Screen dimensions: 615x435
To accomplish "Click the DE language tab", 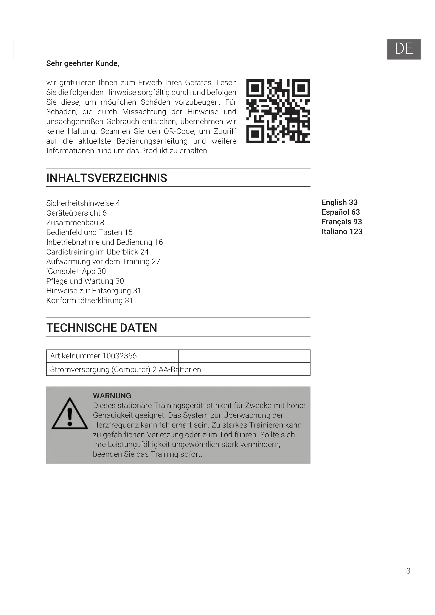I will click(404, 49).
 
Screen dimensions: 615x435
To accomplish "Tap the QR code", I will click(278, 111).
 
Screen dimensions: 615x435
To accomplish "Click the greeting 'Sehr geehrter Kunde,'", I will click(83, 63).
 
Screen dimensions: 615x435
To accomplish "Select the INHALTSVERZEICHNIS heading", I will click(107, 178).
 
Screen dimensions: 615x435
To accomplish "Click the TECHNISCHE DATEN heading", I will click(102, 328).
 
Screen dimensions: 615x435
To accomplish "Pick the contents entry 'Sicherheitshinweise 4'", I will click(83, 203).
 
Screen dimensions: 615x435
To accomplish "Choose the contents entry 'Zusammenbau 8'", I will click(75, 223).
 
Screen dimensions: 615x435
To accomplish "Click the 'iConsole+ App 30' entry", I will click(76, 271).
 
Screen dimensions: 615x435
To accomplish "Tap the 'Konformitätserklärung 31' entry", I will click(89, 301).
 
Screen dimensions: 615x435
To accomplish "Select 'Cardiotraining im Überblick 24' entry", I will click(98, 252).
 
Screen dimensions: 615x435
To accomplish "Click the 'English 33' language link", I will click(339, 202).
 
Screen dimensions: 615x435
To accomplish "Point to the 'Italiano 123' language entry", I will click(342, 231).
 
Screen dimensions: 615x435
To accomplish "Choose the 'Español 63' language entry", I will click(340, 212).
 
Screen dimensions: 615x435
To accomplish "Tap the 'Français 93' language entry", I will click(342, 222).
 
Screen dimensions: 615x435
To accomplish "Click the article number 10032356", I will click(119, 356).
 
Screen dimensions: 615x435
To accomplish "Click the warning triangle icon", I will click(70, 414).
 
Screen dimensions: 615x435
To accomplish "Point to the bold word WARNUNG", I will click(112, 396).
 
